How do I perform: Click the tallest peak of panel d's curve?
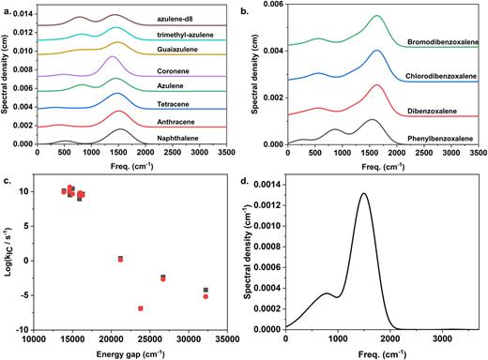(363, 194)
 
